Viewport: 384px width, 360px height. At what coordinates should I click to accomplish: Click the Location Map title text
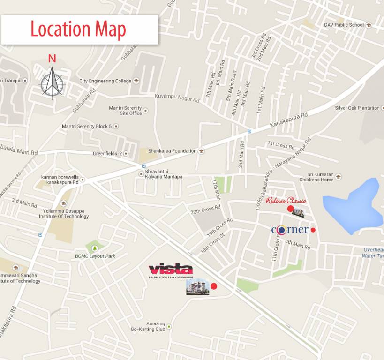(78, 30)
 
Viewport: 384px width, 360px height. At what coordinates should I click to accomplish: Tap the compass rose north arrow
(52, 82)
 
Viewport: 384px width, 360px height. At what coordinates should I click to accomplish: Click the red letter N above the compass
(52, 59)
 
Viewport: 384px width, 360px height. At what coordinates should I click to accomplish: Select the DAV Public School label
(344, 25)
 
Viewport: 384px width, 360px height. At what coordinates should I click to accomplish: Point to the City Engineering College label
(105, 81)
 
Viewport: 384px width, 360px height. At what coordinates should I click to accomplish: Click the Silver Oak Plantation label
(357, 108)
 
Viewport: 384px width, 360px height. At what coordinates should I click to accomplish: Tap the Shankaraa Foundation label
(172, 151)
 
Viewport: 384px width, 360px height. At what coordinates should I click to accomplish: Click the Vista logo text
(171, 269)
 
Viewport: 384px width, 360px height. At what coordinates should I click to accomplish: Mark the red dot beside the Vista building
(214, 286)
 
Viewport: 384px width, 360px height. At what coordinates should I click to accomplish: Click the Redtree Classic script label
(286, 201)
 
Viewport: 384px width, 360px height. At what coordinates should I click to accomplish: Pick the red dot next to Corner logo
(313, 230)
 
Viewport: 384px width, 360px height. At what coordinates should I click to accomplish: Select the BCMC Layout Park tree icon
(95, 248)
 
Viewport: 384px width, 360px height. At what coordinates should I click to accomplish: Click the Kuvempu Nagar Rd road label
(177, 98)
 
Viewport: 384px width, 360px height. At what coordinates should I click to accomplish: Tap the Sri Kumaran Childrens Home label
(316, 177)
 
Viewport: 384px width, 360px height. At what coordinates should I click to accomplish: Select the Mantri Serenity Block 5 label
(87, 126)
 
